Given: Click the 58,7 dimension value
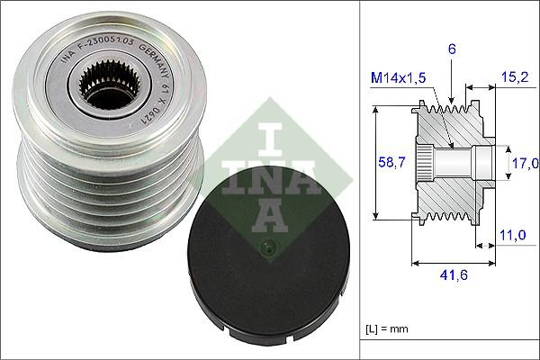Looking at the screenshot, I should point(387,163).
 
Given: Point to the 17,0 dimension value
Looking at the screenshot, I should point(525,163).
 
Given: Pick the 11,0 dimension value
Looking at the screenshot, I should point(511,235).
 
